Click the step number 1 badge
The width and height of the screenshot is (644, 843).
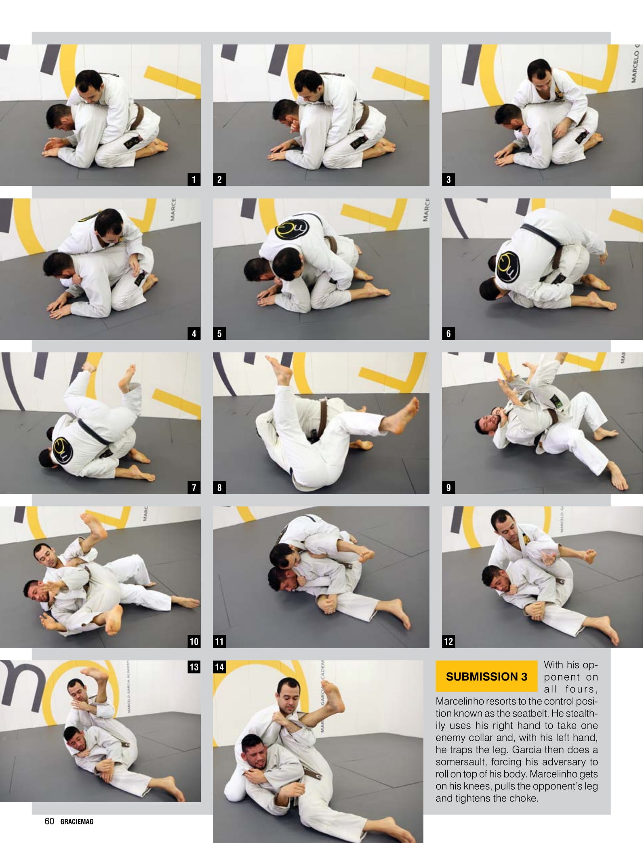click(x=194, y=179)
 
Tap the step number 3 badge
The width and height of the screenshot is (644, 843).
click(x=448, y=179)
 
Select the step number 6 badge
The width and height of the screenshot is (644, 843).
click(x=448, y=333)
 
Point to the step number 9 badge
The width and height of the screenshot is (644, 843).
click(x=448, y=487)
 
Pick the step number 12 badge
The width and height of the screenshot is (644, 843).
click(x=448, y=641)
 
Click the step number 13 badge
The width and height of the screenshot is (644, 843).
click(x=194, y=667)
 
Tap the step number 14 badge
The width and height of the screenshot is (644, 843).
click(x=219, y=667)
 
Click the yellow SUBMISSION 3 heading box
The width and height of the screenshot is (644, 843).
click(x=486, y=677)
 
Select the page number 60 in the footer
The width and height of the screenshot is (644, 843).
click(x=49, y=821)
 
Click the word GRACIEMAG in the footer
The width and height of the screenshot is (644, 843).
click(x=77, y=822)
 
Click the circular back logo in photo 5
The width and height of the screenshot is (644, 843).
click(x=291, y=229)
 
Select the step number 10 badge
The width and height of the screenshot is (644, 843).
click(x=194, y=641)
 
